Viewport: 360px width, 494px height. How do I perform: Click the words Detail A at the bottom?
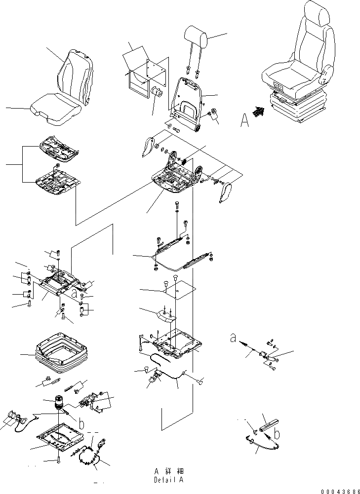tap(168, 479)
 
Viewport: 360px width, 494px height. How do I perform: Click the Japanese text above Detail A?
tap(168, 472)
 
